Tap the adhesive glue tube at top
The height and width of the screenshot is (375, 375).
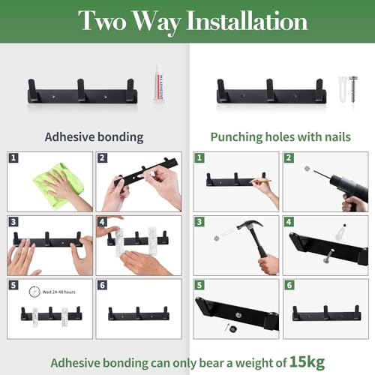coord(159,85)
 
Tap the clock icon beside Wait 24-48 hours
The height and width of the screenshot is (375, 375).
coord(34,292)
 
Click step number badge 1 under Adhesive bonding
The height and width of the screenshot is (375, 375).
coord(13,158)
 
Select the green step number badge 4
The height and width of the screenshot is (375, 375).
coord(289,222)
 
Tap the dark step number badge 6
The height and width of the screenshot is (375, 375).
coord(103,285)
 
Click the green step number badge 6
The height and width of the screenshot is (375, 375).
coord(289,285)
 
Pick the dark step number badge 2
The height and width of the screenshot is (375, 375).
coord(103,158)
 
